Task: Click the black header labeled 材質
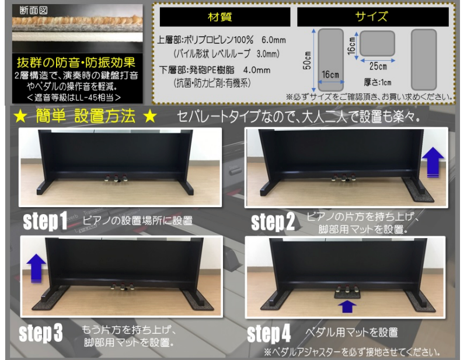219,17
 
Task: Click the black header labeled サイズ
372,17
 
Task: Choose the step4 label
269,334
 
